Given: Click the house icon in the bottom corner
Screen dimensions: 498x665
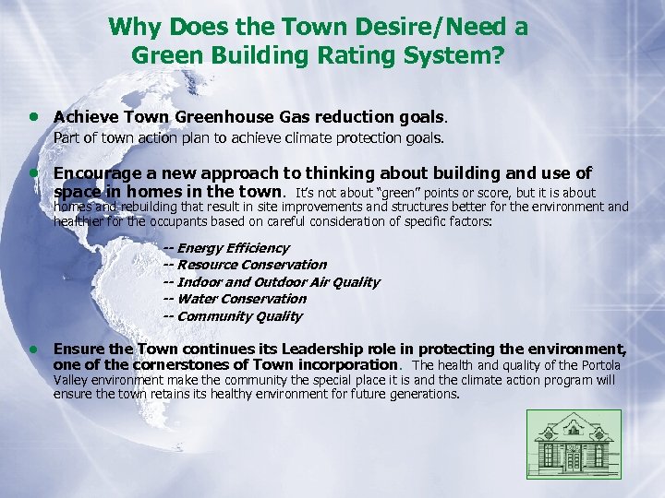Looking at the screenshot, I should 574,445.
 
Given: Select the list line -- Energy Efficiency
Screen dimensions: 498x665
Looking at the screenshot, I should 225,248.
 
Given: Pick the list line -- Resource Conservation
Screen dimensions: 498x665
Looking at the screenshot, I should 245,265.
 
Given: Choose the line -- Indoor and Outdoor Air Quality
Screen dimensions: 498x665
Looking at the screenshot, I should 271,282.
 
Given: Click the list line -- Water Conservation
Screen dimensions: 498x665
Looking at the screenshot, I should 235,299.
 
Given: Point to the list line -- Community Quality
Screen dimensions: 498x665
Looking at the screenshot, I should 232,316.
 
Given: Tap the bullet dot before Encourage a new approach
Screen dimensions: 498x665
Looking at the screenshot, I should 33,173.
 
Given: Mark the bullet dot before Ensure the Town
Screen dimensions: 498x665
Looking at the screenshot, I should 33,350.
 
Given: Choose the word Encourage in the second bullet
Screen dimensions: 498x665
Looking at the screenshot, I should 96,173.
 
